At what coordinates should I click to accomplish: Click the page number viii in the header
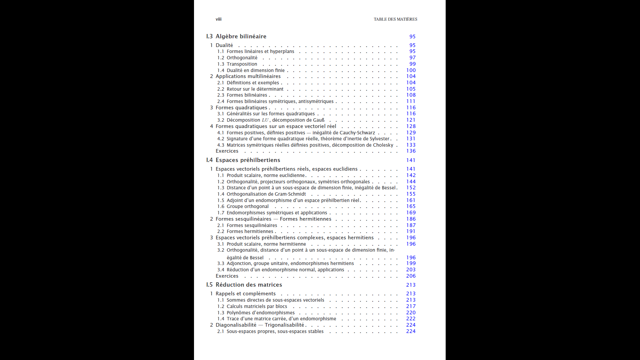pos(218,19)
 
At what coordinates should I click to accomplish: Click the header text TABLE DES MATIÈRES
pos(395,19)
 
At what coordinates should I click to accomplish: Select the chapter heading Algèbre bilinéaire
pos(241,36)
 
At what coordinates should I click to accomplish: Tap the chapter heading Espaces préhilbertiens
pos(248,160)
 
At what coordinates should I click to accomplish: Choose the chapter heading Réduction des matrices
pos(249,285)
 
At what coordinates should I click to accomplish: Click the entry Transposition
pos(242,64)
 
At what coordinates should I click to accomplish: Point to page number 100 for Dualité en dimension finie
pos(411,70)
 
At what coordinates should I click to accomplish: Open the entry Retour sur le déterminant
pos(255,89)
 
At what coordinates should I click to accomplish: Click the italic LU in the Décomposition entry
pos(265,120)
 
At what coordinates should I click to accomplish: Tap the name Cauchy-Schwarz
pos(357,133)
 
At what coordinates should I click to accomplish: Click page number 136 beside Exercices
pos(411,151)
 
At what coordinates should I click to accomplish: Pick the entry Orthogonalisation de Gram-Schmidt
pos(266,194)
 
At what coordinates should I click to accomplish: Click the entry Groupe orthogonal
pos(247,206)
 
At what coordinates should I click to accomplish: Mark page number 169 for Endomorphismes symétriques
pos(411,213)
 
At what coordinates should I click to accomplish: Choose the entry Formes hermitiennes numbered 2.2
pos(250,231)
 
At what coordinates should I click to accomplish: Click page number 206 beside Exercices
pos(411,276)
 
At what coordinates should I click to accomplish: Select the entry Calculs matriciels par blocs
pos(257,306)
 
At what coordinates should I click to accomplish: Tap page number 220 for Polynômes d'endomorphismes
pos(411,313)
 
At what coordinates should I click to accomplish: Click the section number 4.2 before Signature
pos(221,139)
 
